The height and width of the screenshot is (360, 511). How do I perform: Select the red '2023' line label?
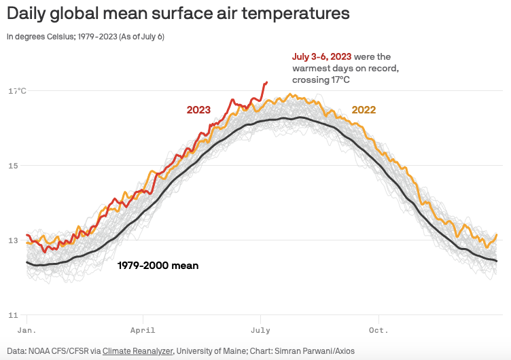point(198,110)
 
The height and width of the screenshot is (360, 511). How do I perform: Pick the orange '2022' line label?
point(364,110)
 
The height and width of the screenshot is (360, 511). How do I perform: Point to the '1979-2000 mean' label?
point(158,266)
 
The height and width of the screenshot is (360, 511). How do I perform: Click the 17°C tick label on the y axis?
point(17,90)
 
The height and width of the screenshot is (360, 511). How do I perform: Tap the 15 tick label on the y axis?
point(12,165)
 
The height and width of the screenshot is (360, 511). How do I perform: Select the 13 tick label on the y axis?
point(12,240)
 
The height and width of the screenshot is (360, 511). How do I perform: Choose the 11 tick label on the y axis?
point(12,314)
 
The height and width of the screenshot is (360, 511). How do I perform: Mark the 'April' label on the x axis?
point(143,331)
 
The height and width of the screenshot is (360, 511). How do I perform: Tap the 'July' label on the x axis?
point(260,331)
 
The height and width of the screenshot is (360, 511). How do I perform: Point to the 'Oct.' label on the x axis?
point(378,331)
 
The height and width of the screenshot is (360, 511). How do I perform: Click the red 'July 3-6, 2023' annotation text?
point(321,57)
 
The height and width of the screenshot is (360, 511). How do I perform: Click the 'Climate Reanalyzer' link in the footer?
point(138,351)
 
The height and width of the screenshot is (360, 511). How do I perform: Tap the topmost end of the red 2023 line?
point(266,82)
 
